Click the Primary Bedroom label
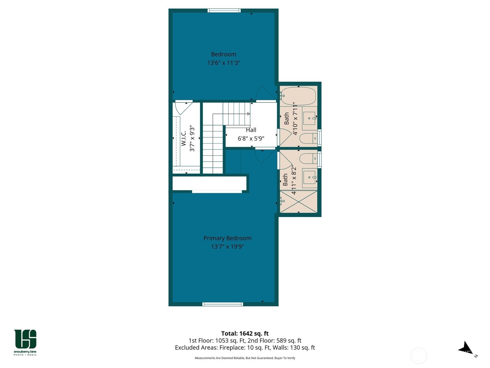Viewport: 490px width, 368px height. [227, 238]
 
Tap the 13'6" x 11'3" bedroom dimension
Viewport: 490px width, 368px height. [224, 63]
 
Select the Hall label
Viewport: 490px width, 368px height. [251, 130]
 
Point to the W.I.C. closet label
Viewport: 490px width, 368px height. [183, 138]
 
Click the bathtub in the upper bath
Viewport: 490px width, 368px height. [298, 96]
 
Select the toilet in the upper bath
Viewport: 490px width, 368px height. [308, 139]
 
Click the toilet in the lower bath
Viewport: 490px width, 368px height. [308, 159]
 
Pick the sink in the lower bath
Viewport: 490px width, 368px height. [309, 178]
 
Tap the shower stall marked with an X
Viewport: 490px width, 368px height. [299, 201]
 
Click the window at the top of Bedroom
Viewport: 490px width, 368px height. [224, 11]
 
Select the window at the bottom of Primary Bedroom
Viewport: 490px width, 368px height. [223, 304]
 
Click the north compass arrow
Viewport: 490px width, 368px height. [466, 348]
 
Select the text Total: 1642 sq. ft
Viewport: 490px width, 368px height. [245, 333]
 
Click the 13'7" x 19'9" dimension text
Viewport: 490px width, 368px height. [227, 247]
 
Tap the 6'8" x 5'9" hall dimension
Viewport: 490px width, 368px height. [251, 139]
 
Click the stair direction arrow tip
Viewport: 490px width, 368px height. [249, 114]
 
